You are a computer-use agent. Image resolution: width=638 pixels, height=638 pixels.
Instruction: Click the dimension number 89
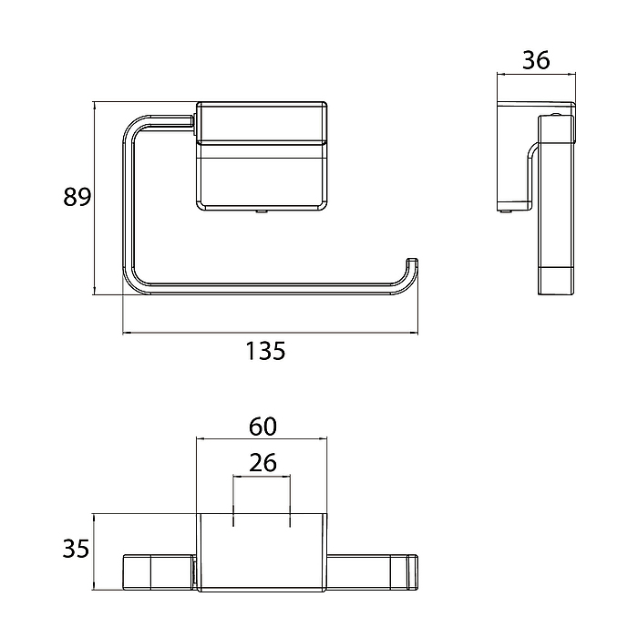click(77, 197)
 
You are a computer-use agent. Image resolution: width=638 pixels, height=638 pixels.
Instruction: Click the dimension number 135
click(265, 351)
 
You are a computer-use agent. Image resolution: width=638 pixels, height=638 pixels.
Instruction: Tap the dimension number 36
click(536, 60)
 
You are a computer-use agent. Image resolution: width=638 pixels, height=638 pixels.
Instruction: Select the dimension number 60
click(262, 427)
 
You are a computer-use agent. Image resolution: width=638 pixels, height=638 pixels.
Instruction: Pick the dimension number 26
click(262, 463)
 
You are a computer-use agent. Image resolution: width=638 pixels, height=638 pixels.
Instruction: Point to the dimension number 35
click(76, 549)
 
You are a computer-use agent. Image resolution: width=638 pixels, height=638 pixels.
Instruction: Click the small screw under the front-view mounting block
click(261, 212)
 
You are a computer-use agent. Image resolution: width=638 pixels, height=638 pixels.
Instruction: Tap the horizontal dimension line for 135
click(270, 334)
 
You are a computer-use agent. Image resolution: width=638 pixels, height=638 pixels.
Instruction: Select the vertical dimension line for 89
click(94, 198)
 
